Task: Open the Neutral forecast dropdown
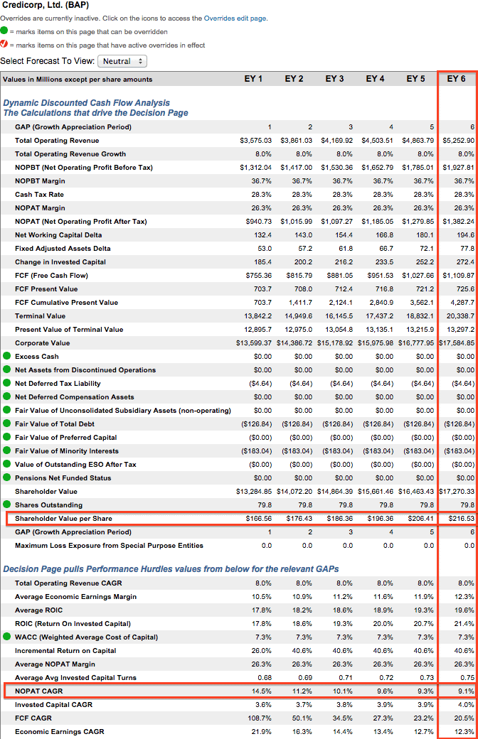click(x=122, y=61)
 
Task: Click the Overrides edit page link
click(x=235, y=18)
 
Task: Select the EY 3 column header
click(x=334, y=79)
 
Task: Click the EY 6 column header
click(x=456, y=79)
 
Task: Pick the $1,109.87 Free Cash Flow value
click(x=458, y=275)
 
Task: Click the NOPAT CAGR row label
click(x=38, y=691)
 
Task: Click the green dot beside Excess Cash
click(x=6, y=356)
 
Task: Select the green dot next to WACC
click(x=6, y=637)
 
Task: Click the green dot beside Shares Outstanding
click(x=6, y=505)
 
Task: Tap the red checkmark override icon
click(x=4, y=44)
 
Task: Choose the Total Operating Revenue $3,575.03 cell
click(x=256, y=141)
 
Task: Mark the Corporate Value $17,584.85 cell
click(x=457, y=343)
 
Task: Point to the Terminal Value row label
click(x=40, y=315)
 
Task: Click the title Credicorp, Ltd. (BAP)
click(x=46, y=5)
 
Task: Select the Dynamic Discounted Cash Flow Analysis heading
click(x=86, y=103)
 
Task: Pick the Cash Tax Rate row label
click(x=39, y=194)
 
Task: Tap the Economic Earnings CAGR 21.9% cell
click(x=262, y=731)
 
